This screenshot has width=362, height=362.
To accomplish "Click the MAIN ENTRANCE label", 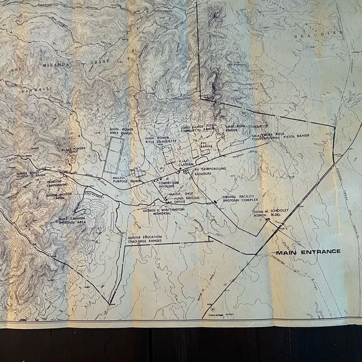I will pos(308,252).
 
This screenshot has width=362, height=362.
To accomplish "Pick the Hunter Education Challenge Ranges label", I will pos(152,243).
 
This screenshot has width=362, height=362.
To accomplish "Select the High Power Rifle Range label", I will pos(121,132).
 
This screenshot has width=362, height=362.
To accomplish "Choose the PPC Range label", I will pos(207,145).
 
